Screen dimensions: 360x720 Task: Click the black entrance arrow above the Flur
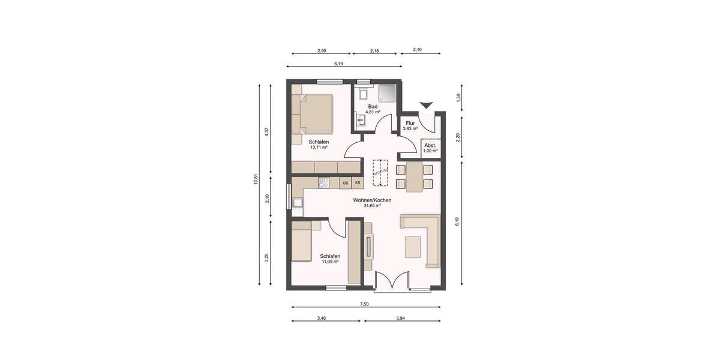click(426, 106)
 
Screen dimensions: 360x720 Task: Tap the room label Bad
click(373, 106)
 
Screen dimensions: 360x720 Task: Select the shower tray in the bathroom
click(387, 93)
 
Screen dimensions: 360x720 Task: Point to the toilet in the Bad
click(362, 93)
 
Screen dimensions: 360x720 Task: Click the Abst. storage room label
click(430, 145)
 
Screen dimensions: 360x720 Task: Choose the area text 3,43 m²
click(410, 128)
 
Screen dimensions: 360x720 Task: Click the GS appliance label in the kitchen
click(345, 183)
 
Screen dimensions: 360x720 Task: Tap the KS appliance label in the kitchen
click(358, 183)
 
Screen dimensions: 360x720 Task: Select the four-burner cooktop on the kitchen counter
click(323, 182)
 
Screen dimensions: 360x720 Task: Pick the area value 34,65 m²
click(372, 205)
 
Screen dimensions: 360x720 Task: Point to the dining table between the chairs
click(414, 176)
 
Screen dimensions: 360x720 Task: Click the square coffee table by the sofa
click(413, 246)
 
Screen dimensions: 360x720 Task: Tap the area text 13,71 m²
click(319, 147)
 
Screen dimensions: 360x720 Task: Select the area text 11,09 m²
click(330, 262)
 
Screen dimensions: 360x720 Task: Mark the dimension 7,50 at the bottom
click(364, 304)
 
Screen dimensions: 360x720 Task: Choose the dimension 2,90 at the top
click(322, 50)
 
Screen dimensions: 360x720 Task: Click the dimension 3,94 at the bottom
click(403, 318)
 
